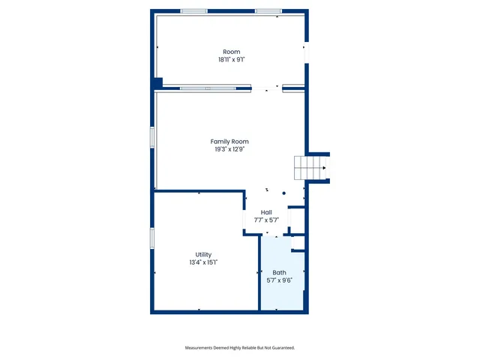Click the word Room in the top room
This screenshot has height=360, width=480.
231,52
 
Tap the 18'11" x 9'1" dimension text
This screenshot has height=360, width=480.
231,59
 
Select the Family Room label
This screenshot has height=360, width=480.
229,141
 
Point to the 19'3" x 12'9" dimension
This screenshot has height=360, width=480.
229,149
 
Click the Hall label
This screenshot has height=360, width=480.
266,212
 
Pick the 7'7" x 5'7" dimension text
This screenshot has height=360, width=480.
266,220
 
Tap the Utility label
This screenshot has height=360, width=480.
203,255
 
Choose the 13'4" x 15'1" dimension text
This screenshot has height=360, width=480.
203,263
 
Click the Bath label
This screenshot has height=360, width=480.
279,273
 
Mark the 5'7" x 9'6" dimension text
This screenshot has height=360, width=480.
279,280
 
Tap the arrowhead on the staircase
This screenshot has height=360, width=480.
324,168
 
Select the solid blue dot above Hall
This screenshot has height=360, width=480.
284,193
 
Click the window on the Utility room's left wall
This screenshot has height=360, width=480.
151,237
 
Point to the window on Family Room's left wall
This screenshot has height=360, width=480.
151,138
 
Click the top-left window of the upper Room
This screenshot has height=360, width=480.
194,11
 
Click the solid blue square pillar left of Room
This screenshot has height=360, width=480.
157,82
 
